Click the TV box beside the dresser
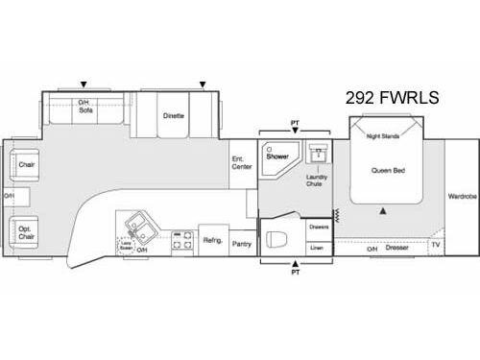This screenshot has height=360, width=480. click(x=435, y=246)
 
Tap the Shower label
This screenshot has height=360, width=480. click(x=277, y=156)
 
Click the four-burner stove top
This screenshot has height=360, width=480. click(x=181, y=241)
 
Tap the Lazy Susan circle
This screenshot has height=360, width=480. click(x=126, y=247)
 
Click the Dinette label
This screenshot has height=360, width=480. click(x=173, y=115)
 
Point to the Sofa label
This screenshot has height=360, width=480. click(x=85, y=111)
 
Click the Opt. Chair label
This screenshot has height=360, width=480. click(x=26, y=233)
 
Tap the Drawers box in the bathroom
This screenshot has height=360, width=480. click(x=320, y=227)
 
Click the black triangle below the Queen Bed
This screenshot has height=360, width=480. click(x=383, y=209)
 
